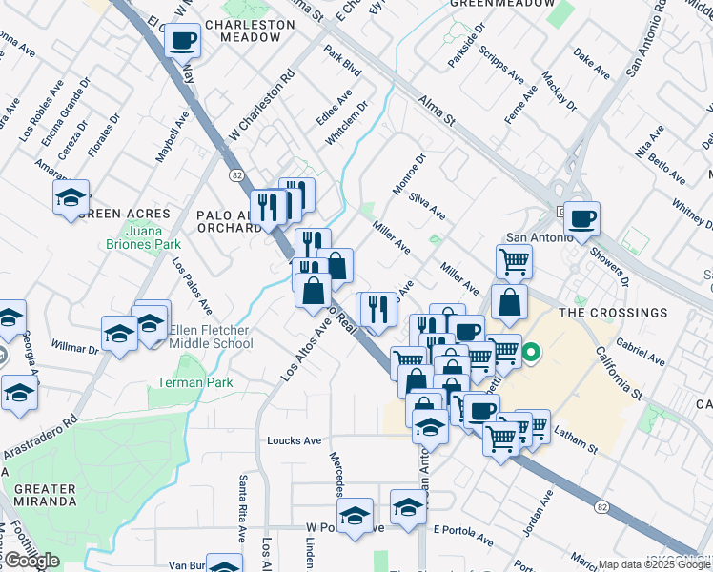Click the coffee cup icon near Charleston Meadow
[x=182, y=40]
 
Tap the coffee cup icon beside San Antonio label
[x=581, y=219]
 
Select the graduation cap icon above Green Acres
[x=71, y=197]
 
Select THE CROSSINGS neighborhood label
[x=612, y=313]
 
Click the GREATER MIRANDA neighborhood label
[x=45, y=495]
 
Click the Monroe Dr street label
[x=408, y=174]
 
